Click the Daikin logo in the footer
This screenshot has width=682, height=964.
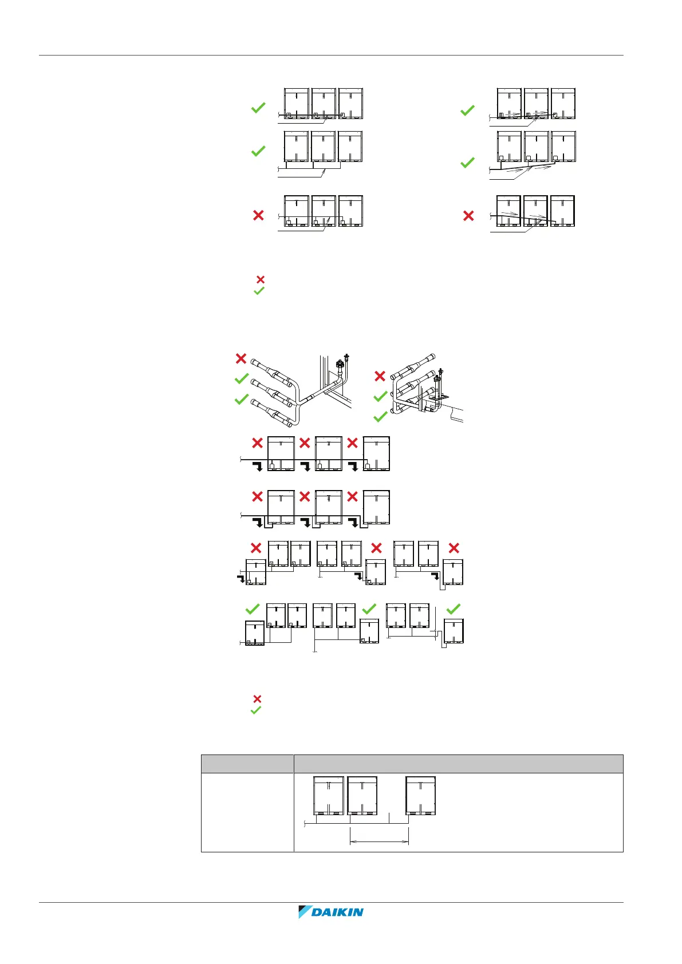331,912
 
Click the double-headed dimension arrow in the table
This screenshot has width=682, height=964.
379,841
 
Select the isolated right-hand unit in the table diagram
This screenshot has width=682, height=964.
421,795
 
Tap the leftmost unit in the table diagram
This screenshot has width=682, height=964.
329,795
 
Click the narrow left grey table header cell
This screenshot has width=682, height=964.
247,764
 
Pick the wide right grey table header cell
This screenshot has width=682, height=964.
458,764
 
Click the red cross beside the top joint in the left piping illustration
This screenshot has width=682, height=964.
241,358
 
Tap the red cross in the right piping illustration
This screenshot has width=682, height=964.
380,376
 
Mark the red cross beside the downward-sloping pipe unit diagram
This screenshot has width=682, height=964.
468,216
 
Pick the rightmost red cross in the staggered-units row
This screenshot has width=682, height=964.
454,548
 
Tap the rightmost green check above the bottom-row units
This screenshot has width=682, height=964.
453,609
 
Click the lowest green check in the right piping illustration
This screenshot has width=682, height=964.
381,417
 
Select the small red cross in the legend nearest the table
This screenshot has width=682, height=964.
257,699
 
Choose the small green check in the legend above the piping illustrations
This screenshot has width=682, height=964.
259,291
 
